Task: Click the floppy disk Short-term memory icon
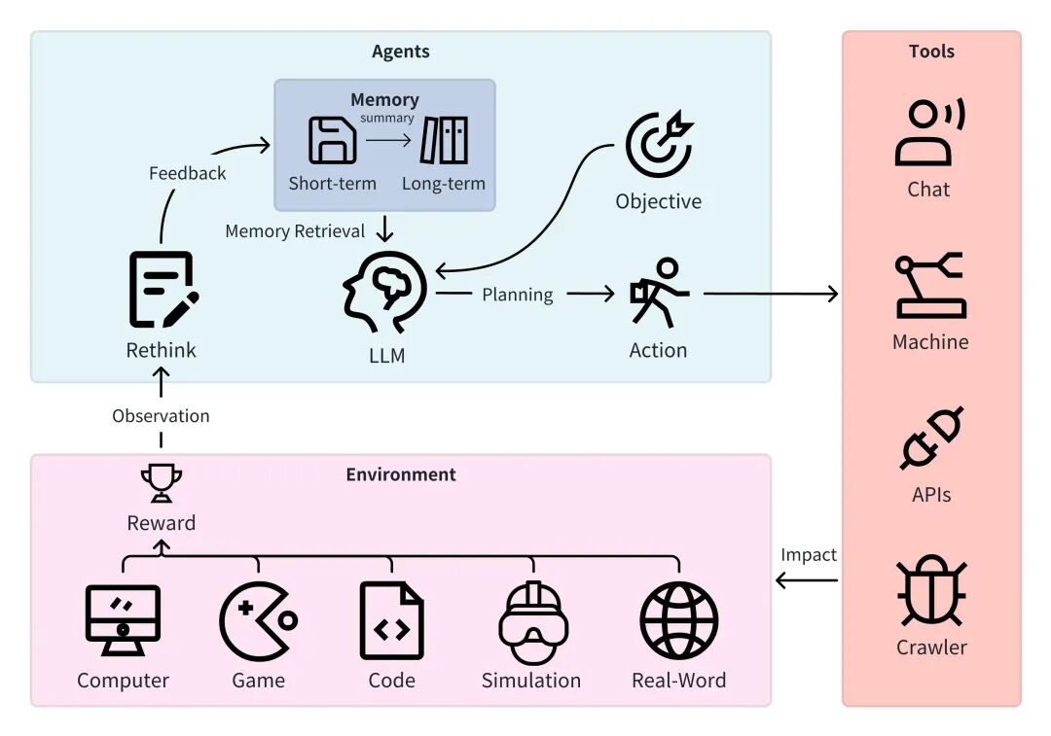click(x=332, y=140)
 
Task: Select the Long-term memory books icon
click(x=444, y=140)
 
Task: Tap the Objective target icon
click(x=659, y=146)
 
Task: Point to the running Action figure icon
click(x=659, y=292)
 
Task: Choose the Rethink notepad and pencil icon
click(x=163, y=289)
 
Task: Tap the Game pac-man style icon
click(x=258, y=621)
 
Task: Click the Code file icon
click(x=391, y=621)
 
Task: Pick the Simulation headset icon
click(x=532, y=621)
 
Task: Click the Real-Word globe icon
click(x=678, y=621)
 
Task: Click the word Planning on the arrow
click(x=518, y=295)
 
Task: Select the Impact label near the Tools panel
click(x=808, y=554)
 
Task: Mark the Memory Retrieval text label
click(x=295, y=231)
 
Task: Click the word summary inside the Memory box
click(x=387, y=118)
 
